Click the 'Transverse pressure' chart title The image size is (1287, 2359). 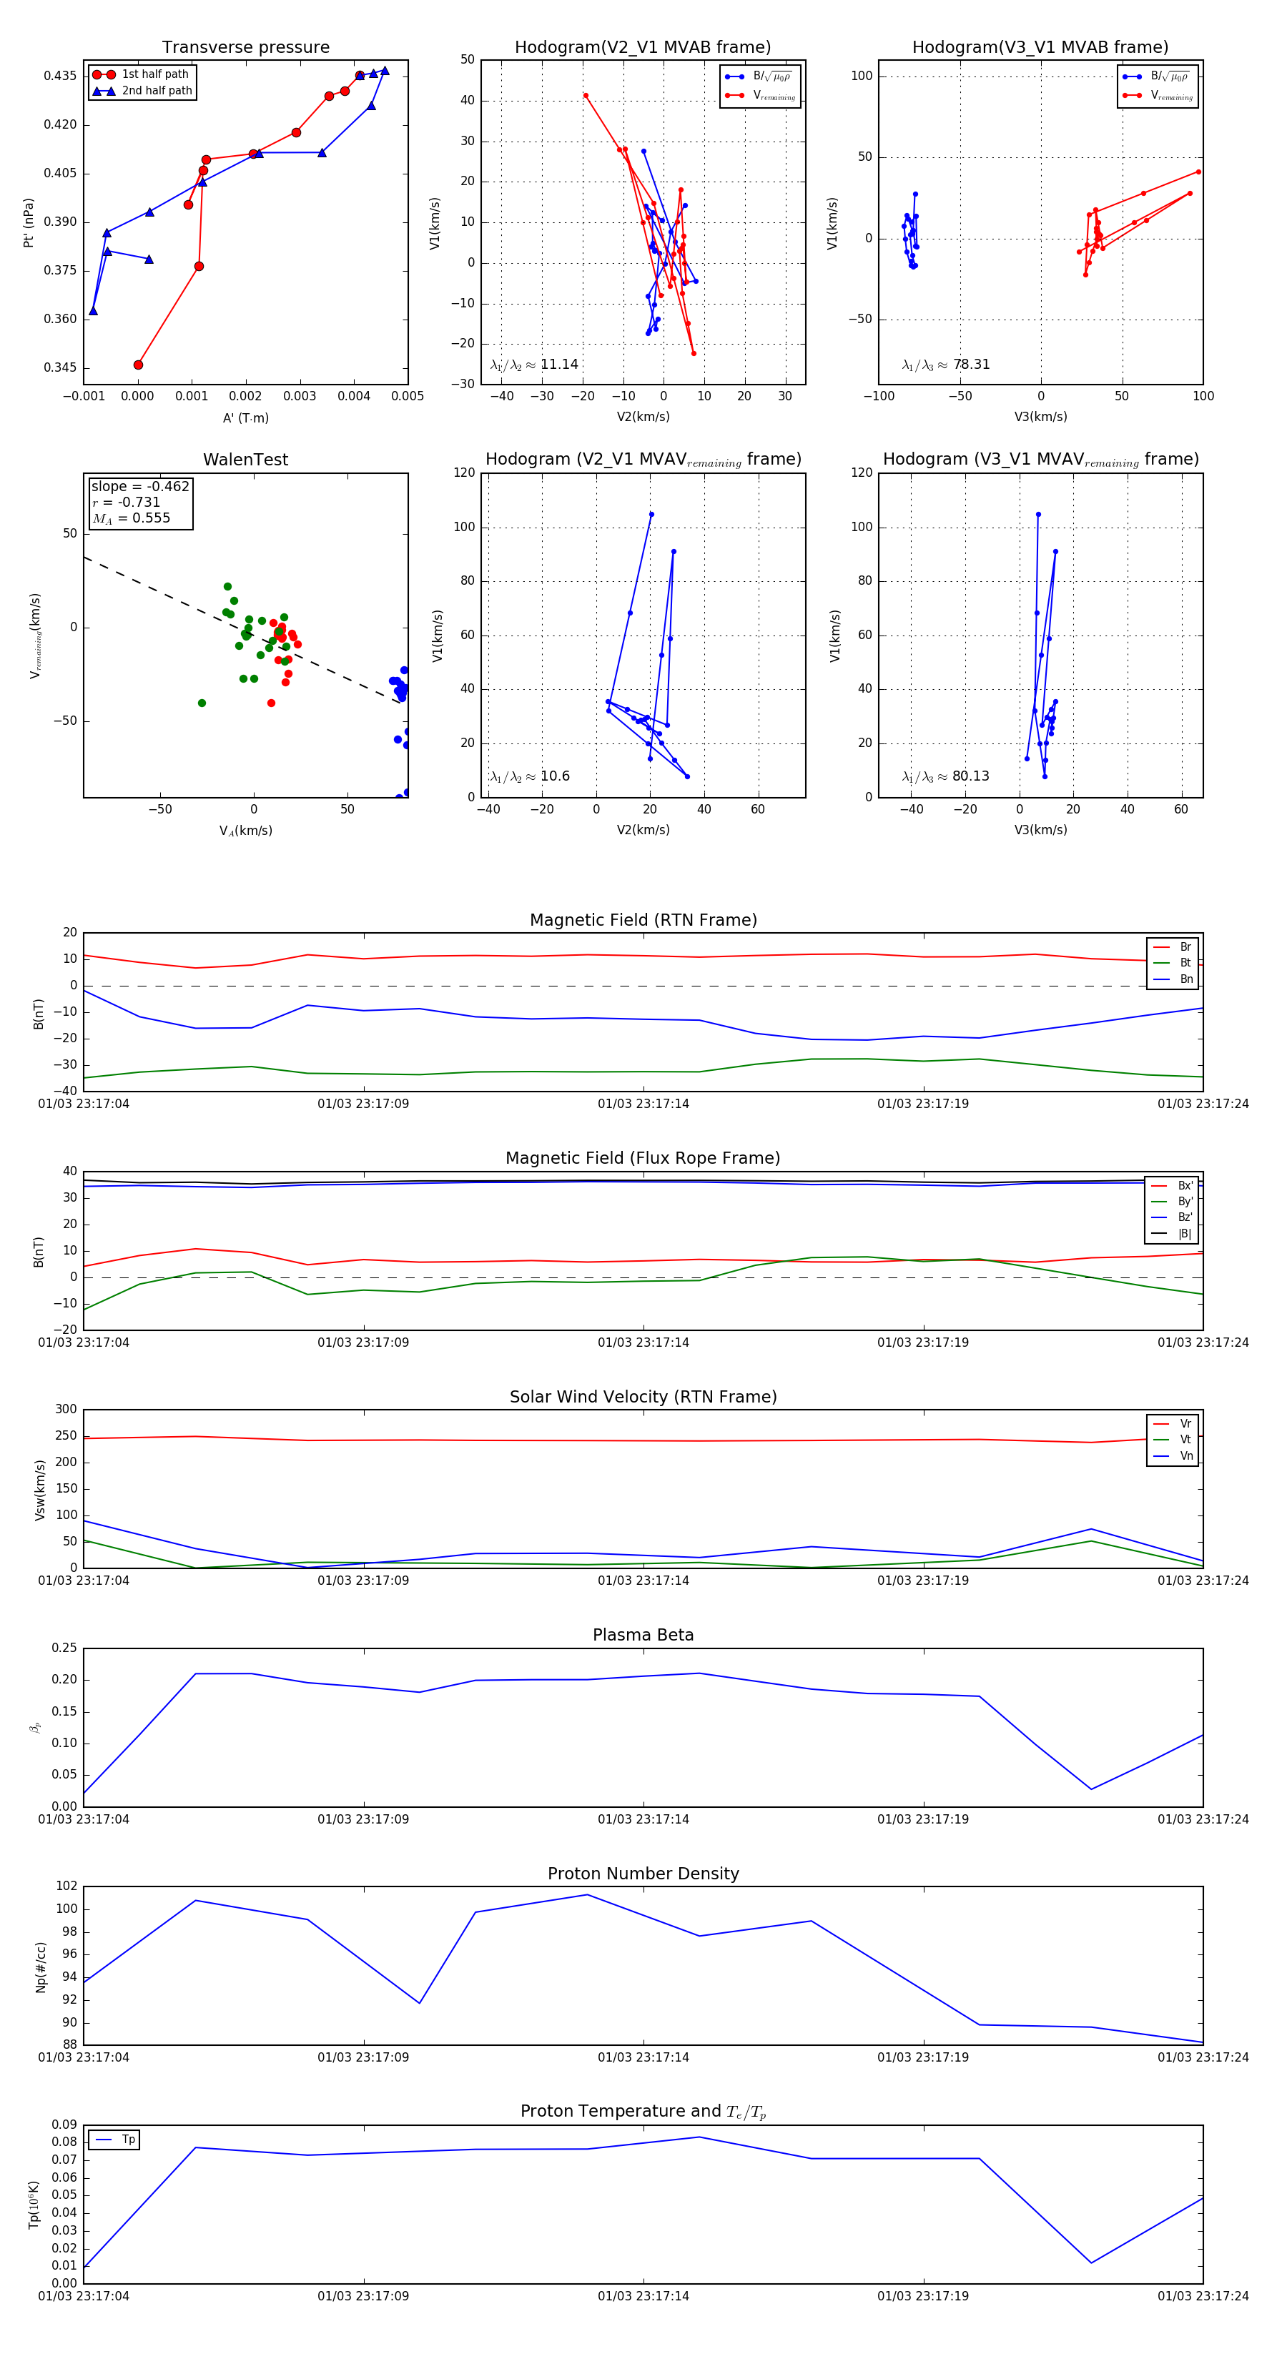pyautogui.click(x=245, y=48)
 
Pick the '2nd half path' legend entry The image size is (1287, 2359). pyautogui.click(x=157, y=91)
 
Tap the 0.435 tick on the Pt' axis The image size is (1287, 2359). pyautogui.click(x=61, y=76)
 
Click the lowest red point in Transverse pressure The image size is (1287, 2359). pyautogui.click(x=138, y=365)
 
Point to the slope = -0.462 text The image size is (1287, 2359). pyautogui.click(x=140, y=486)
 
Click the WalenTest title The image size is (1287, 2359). pyautogui.click(x=245, y=460)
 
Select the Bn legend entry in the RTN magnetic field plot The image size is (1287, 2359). pyautogui.click(x=1185, y=979)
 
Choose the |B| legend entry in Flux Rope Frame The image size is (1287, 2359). pyautogui.click(x=1185, y=1234)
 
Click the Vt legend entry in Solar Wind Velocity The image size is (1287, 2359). pyautogui.click(x=1185, y=1440)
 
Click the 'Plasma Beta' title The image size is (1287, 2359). pyautogui.click(x=643, y=1635)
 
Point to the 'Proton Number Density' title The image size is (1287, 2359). pyautogui.click(x=643, y=1874)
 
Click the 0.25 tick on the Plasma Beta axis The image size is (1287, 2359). pyautogui.click(x=64, y=1648)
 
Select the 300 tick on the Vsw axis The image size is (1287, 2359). pyautogui.click(x=66, y=1410)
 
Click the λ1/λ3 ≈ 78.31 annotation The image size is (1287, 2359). pyautogui.click(x=945, y=365)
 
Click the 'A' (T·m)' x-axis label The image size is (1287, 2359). pyautogui.click(x=245, y=417)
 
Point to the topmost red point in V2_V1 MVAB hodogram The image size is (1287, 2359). pyautogui.click(x=586, y=95)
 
